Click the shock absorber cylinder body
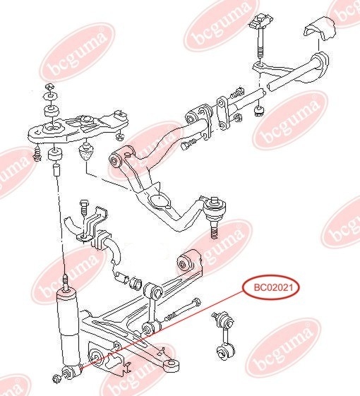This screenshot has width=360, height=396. coord(68,328)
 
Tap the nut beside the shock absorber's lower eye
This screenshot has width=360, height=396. coord(56,378)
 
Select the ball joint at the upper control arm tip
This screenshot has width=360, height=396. coord(215,208)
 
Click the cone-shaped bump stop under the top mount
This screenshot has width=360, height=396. coord(86,151)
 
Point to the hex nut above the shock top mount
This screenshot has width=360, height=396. coord(50,87)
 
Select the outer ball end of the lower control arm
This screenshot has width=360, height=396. coord(172,365)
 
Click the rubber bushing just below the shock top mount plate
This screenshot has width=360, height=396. coord(55,155)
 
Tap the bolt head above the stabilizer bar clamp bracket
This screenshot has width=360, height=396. coord(83,206)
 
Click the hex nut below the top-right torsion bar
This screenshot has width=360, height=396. coord(259,111)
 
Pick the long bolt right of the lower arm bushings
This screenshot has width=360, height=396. coord(182,309)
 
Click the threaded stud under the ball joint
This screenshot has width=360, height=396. coord(214,230)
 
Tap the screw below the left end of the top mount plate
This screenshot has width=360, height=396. coord(37,155)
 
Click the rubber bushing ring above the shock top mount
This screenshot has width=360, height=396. coord(52,111)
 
